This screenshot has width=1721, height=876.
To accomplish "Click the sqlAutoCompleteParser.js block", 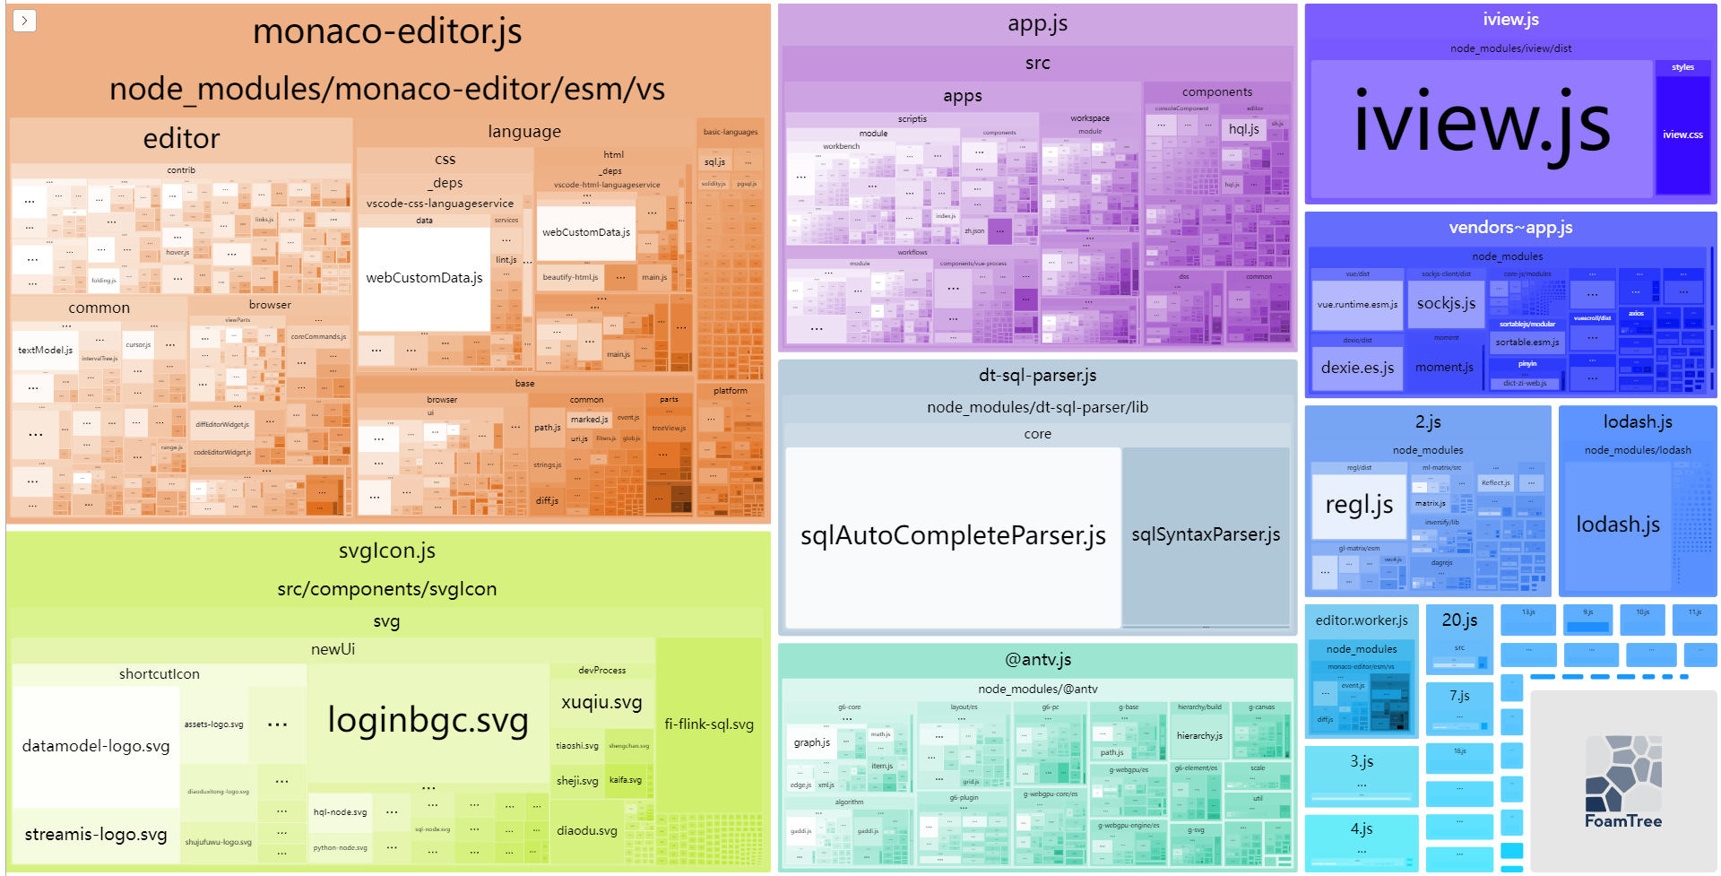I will [953, 536].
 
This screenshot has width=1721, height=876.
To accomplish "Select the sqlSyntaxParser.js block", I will [1206, 535].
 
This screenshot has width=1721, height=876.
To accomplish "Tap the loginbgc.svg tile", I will [428, 720].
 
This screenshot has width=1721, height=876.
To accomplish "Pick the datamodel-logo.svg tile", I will [96, 746].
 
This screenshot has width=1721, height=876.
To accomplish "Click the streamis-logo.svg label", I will [96, 835].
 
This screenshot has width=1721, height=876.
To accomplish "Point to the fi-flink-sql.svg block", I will [708, 724].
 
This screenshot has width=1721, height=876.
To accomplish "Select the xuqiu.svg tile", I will [601, 702].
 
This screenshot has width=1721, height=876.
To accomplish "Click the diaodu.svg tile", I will [587, 831].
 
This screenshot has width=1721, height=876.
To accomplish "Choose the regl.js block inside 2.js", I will [1359, 505].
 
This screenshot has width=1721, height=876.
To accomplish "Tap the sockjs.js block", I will [1446, 304].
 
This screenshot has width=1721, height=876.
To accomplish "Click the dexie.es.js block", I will [1357, 368].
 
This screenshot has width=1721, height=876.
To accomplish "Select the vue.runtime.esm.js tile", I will [1357, 305].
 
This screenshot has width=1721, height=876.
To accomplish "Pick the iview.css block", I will [1682, 134].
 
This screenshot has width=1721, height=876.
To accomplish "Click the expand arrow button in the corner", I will [24, 20].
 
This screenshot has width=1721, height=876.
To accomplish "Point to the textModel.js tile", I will [45, 350].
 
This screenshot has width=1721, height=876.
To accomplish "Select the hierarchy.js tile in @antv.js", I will [1199, 736].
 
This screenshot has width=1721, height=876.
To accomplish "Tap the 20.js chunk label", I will [1459, 620].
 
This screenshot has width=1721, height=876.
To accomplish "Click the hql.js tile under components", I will [1243, 129].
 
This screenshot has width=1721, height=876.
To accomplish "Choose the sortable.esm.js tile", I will [1527, 343].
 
